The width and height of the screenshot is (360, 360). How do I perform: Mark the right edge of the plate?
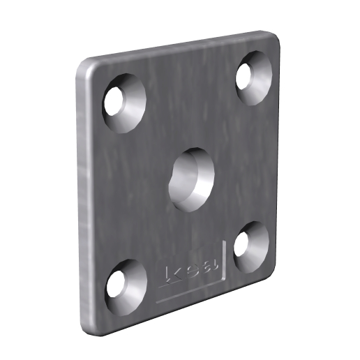pos(278,153)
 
